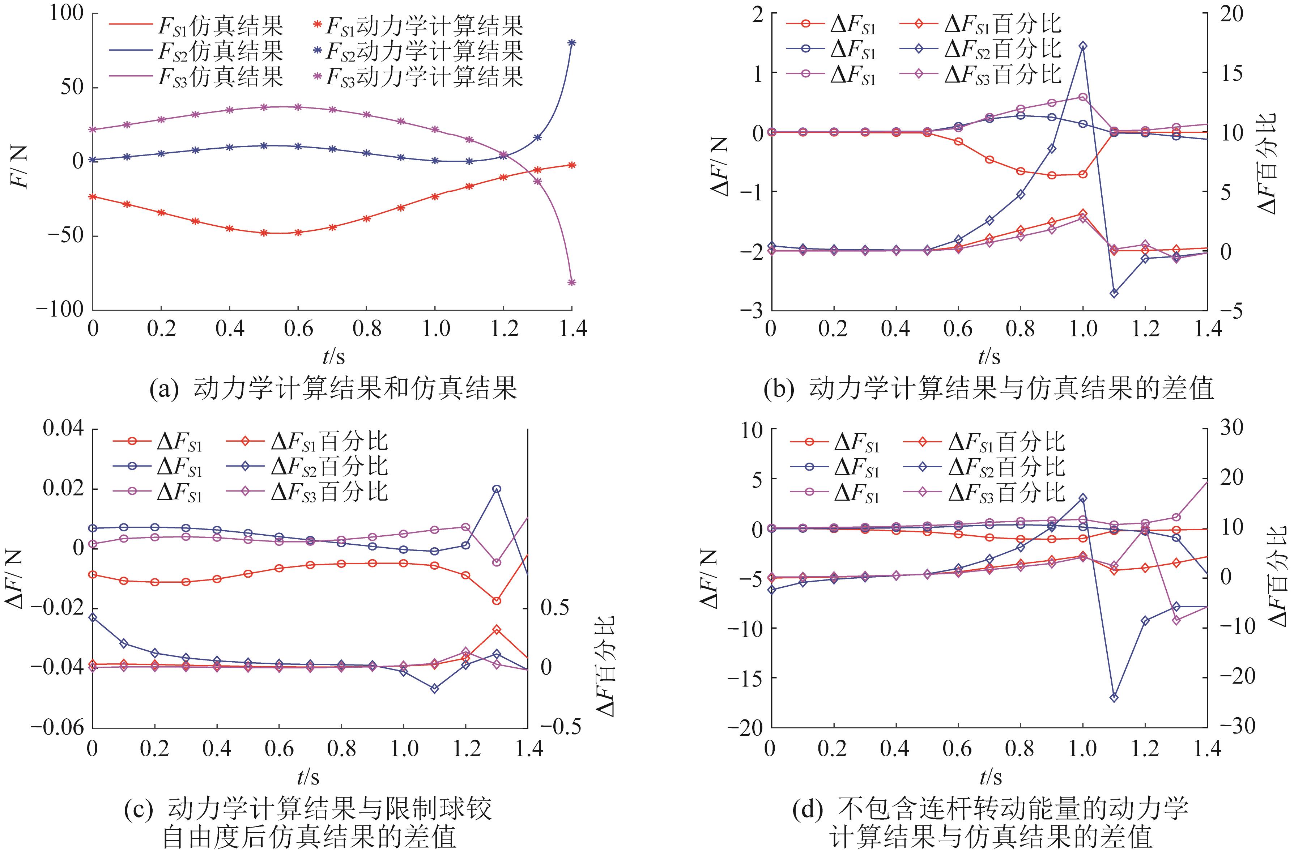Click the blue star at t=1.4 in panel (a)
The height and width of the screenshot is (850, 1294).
click(571, 43)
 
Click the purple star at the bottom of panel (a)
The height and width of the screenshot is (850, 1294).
click(571, 282)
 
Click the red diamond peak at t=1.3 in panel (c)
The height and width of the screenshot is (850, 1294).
click(497, 630)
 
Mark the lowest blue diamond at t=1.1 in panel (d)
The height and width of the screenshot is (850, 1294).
click(1114, 698)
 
